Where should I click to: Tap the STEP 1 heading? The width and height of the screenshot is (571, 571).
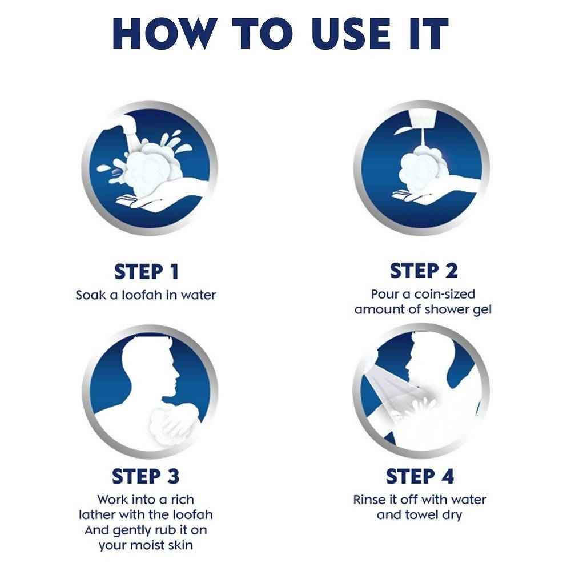(146, 272)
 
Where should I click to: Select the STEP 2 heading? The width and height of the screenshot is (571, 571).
(423, 271)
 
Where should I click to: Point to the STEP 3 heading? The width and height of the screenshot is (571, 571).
(146, 476)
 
